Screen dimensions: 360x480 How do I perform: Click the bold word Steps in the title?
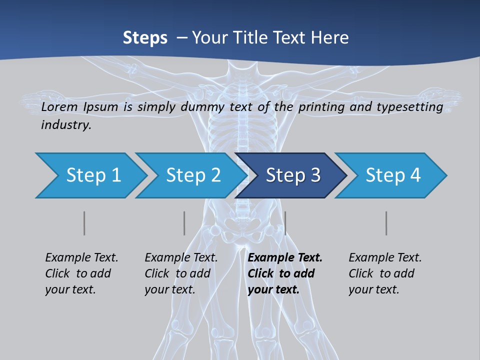click(x=145, y=37)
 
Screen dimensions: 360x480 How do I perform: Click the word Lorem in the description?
click(x=58, y=107)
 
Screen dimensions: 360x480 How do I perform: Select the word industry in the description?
click(x=65, y=125)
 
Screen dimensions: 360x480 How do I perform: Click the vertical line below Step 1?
click(x=84, y=223)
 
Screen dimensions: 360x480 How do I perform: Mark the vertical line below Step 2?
click(x=184, y=223)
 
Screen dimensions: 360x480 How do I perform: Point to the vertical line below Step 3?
click(x=285, y=223)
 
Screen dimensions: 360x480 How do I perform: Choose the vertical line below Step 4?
click(x=386, y=223)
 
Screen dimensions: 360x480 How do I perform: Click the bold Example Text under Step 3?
click(x=285, y=257)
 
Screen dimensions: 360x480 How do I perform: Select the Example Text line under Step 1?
click(x=81, y=257)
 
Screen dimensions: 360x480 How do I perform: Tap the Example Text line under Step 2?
click(x=181, y=257)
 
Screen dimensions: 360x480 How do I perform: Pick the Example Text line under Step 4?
click(x=385, y=257)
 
